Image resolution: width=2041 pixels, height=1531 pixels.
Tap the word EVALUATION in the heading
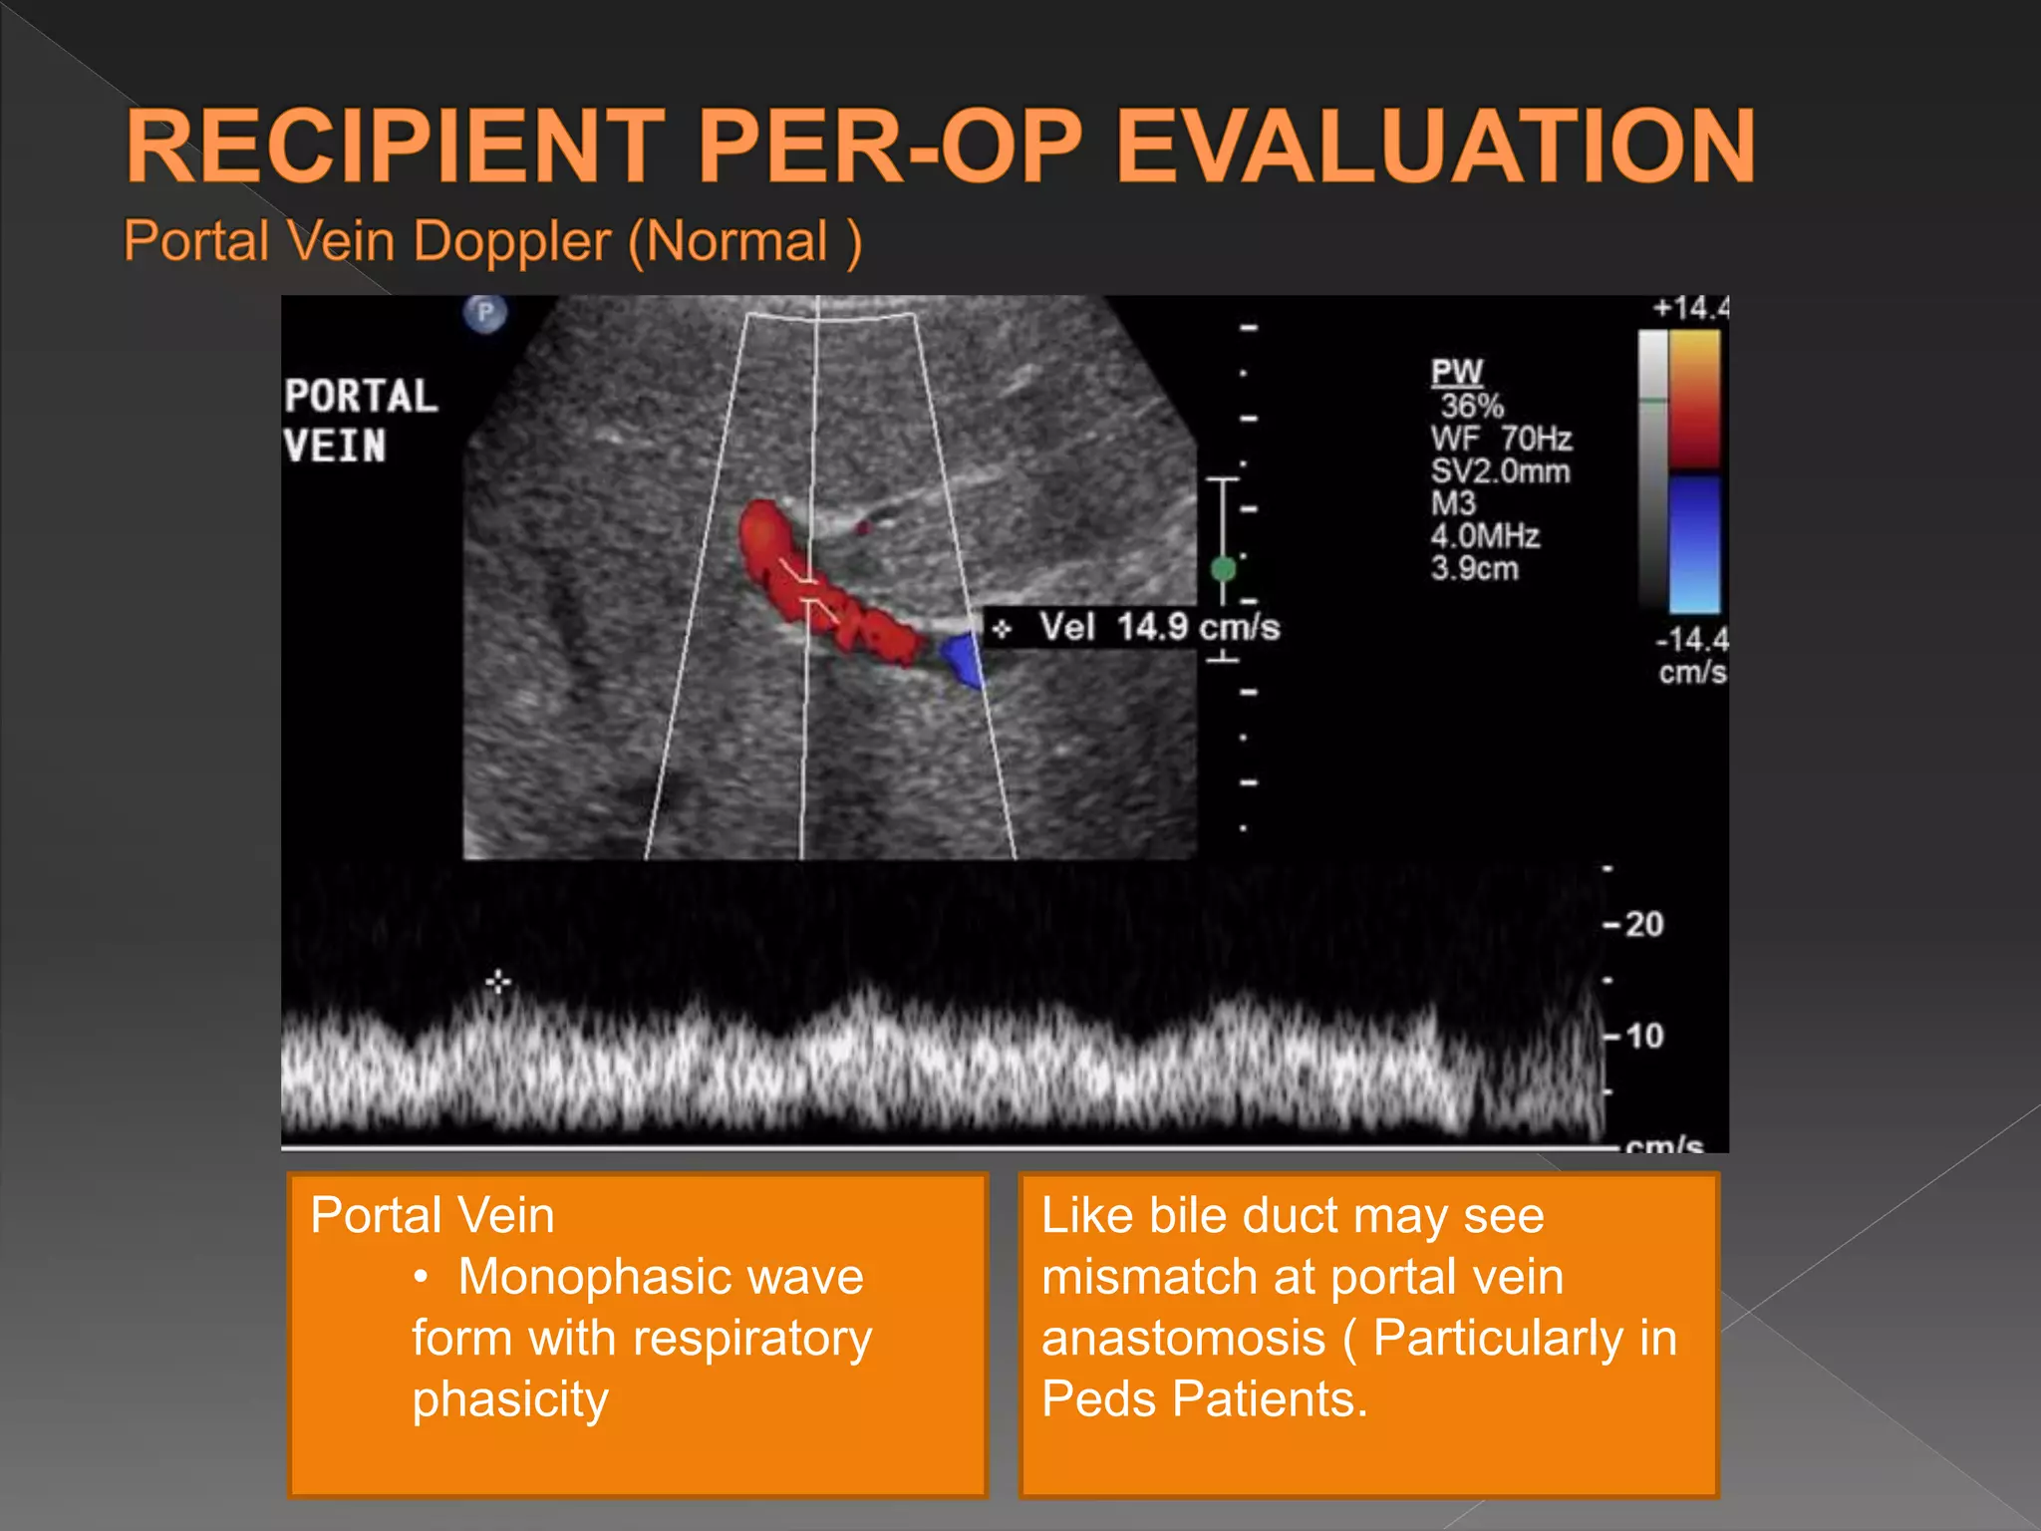pos(1435,147)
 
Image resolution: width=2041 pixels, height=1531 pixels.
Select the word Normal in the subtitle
pos(736,242)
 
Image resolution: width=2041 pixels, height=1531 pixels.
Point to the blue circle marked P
pos(485,314)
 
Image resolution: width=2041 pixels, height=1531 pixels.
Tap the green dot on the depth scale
pos(1223,569)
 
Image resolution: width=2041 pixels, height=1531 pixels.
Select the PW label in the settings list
pos(1457,373)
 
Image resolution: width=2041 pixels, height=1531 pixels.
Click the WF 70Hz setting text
pos(1501,439)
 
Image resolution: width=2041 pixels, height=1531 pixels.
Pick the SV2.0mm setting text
pos(1500,471)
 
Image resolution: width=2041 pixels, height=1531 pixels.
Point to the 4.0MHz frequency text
pos(1485,536)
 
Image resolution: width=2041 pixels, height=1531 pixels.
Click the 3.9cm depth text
pos(1474,569)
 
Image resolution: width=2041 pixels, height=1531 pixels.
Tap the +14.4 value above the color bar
pos(1690,308)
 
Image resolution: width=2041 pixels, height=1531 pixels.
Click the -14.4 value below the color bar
pos(1691,639)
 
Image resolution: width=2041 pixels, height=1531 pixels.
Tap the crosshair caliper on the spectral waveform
pos(498,983)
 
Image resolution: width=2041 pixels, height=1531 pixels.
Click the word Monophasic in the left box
pos(660,1277)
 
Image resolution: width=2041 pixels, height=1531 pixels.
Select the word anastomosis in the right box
pos(1183,1338)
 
